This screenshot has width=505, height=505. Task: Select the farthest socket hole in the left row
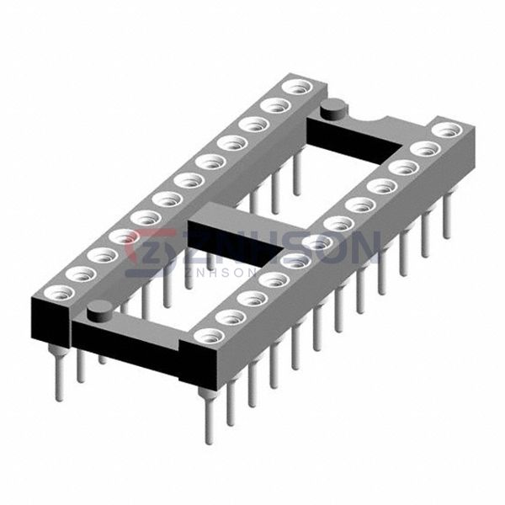click(x=298, y=88)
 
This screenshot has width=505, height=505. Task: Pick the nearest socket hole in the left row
click(x=60, y=293)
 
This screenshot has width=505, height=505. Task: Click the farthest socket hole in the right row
click(x=446, y=130)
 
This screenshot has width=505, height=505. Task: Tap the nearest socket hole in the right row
click(x=209, y=336)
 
